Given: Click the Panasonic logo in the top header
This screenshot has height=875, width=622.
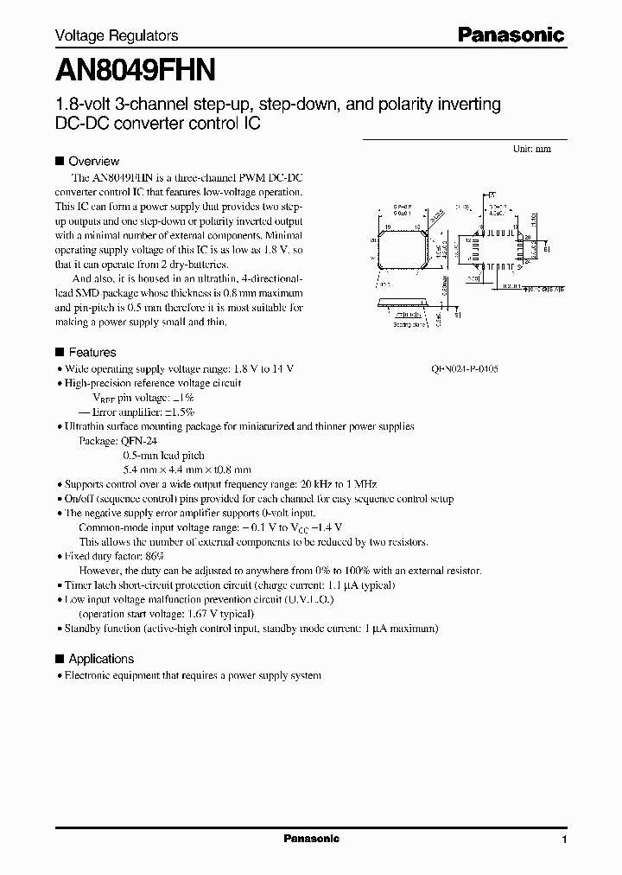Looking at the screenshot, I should click(x=511, y=35).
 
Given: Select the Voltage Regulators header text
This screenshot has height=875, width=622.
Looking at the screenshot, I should click(x=117, y=35).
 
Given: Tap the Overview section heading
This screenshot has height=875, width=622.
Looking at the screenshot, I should click(x=93, y=161).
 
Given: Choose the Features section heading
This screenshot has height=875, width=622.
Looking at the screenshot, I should click(x=92, y=352).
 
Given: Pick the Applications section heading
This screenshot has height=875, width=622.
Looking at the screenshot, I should click(x=101, y=658).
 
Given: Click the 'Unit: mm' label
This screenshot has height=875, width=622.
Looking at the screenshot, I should click(x=531, y=149).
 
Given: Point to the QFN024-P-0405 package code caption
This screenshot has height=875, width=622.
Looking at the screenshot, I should click(x=465, y=368).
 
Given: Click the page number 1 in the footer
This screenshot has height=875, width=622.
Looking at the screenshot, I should click(x=564, y=840).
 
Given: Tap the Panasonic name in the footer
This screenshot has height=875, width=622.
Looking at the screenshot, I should click(x=312, y=839).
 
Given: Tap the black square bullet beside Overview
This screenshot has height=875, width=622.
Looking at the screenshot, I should click(x=60, y=161).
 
